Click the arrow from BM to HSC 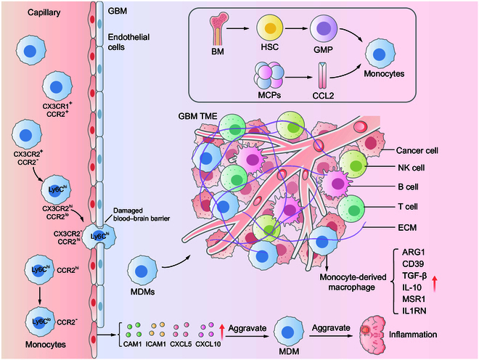(240, 30)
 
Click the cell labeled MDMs (145, 269)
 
